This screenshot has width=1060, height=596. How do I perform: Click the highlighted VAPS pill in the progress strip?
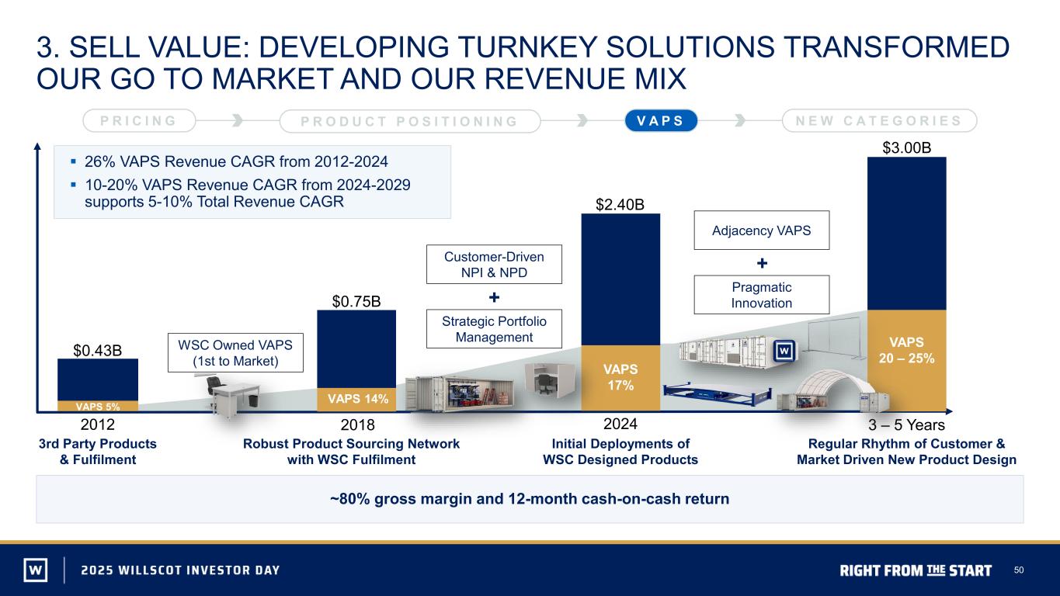pyautogui.click(x=661, y=120)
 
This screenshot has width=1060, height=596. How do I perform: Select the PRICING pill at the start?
pyautogui.click(x=139, y=120)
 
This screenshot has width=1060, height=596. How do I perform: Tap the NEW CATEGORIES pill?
pyautogui.click(x=879, y=120)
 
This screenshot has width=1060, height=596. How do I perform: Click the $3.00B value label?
pyautogui.click(x=907, y=148)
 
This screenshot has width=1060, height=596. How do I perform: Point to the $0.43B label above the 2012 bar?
pyautogui.click(x=98, y=351)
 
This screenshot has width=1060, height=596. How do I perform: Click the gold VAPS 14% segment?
pyautogui.click(x=356, y=399)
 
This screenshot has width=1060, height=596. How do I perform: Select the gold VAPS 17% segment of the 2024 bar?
pyautogui.click(x=620, y=377)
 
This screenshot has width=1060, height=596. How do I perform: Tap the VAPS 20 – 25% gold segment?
pyautogui.click(x=907, y=360)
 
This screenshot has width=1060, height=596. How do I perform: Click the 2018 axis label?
pyautogui.click(x=358, y=424)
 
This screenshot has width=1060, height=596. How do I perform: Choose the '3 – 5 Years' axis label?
pyautogui.click(x=906, y=424)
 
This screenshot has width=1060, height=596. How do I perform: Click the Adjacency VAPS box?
pyautogui.click(x=761, y=230)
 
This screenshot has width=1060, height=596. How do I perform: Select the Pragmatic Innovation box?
pyautogui.click(x=761, y=295)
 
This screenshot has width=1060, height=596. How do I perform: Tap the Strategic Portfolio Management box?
pyautogui.click(x=494, y=329)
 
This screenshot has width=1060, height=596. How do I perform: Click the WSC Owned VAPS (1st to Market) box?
pyautogui.click(x=235, y=353)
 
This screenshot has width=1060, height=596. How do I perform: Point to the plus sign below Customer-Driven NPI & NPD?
pyautogui.click(x=494, y=297)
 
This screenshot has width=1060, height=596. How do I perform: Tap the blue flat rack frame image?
pyautogui.click(x=717, y=396)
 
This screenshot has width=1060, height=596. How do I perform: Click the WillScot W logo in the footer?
pyautogui.click(x=36, y=570)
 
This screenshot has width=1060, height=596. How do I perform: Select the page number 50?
pyautogui.click(x=1019, y=570)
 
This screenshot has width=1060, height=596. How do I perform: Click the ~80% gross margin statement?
pyautogui.click(x=530, y=499)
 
